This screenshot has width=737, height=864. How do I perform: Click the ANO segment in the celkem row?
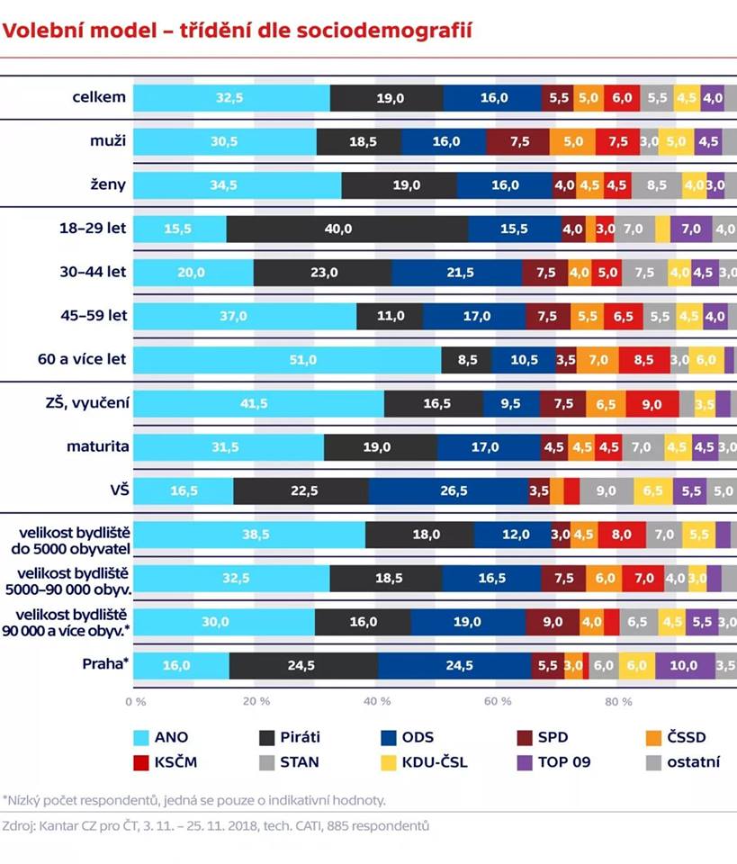pos(231,98)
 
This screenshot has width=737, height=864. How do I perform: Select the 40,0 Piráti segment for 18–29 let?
pos(346,229)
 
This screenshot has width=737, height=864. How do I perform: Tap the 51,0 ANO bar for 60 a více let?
pos(288,360)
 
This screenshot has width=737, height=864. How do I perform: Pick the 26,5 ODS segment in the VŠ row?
pos(448,490)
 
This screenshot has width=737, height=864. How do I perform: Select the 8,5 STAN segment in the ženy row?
pos(656,185)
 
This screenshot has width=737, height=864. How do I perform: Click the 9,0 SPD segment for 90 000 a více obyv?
pos(552,622)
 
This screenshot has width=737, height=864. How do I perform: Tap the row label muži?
pos(107,141)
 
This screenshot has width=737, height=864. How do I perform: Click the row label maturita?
pos(96,447)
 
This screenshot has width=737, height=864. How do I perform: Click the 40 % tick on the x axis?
pos(377,701)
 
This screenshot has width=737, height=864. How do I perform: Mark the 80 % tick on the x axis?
pos(618,701)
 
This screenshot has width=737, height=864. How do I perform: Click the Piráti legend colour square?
pos(266,738)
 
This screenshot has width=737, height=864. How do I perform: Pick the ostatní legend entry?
pos(684,762)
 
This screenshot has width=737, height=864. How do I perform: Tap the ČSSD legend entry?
pos(684,738)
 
